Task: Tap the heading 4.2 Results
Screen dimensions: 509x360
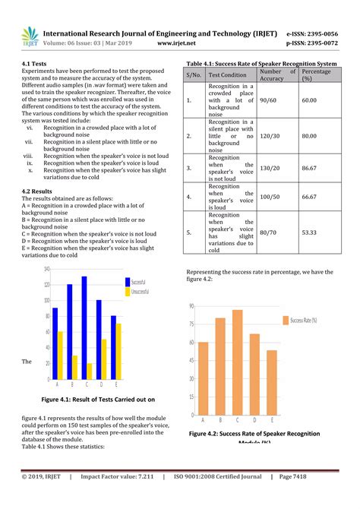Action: point(37,191)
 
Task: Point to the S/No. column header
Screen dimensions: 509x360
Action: point(194,76)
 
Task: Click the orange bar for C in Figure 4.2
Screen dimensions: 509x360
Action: point(237,362)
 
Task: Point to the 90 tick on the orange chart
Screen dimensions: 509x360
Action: point(191,306)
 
